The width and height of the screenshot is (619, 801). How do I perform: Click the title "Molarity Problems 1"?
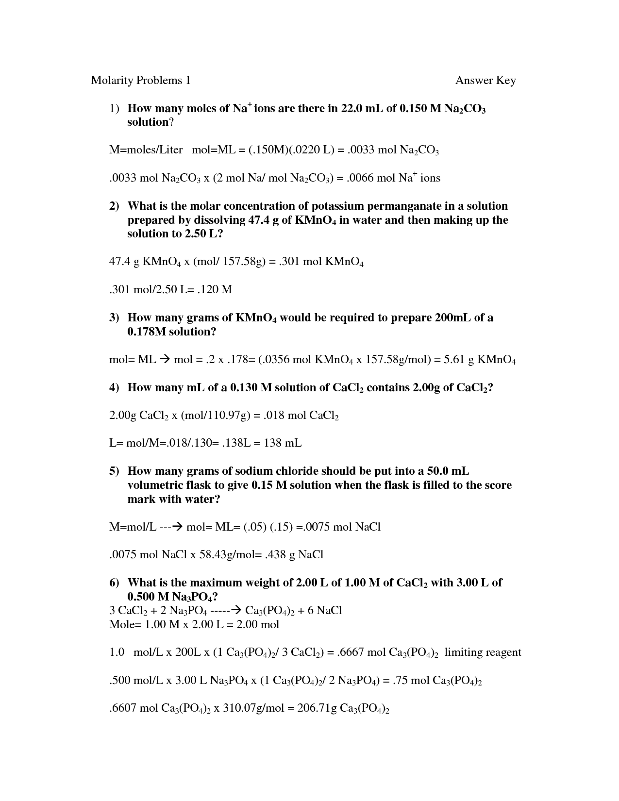(140, 80)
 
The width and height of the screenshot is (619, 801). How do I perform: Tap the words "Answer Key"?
(485, 81)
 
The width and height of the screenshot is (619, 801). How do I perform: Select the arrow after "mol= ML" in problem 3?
(165, 360)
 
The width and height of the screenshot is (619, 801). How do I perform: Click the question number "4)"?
(114, 387)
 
